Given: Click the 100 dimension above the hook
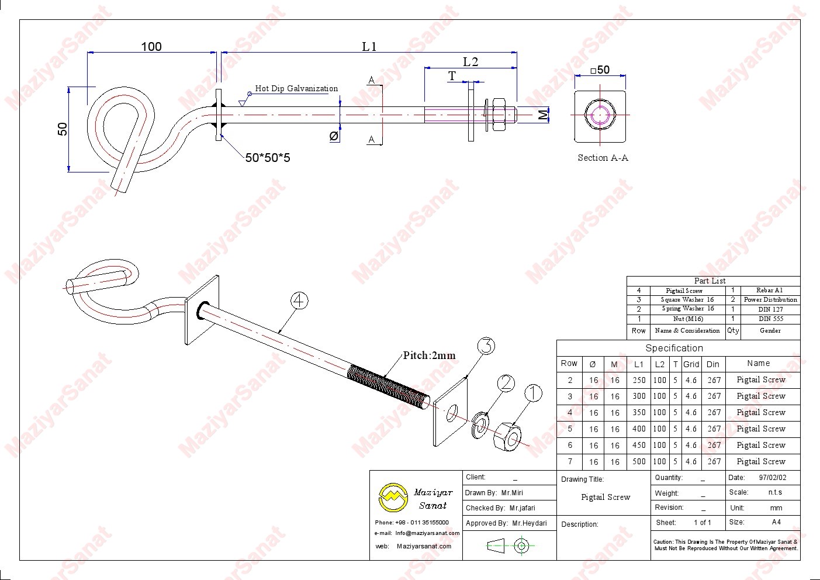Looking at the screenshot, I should point(151,46).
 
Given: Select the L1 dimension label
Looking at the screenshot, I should point(369,47).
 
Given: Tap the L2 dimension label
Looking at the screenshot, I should point(470,61).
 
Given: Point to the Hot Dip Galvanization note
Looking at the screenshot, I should point(296,89).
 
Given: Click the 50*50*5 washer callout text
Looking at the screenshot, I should point(267,157).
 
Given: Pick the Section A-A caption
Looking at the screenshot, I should point(603,157).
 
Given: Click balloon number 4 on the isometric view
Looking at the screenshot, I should point(299,301).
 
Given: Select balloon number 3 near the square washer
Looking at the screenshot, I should point(486,346).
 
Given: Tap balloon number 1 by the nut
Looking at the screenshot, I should point(533,394).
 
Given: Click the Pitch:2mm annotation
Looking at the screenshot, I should point(429,355).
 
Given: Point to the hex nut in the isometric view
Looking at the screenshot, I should point(507,436).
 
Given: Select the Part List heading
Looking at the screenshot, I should point(710,281).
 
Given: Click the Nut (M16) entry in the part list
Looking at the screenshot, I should point(688,319).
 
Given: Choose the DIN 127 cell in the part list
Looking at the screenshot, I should point(770,309).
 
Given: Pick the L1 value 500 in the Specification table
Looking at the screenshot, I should point(639,461).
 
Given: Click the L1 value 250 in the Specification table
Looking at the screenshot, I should point(639,380).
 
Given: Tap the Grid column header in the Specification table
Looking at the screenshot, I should point(691,364).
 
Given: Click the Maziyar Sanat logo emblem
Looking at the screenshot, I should point(392,497).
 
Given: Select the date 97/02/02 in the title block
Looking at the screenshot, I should point(773,478).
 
